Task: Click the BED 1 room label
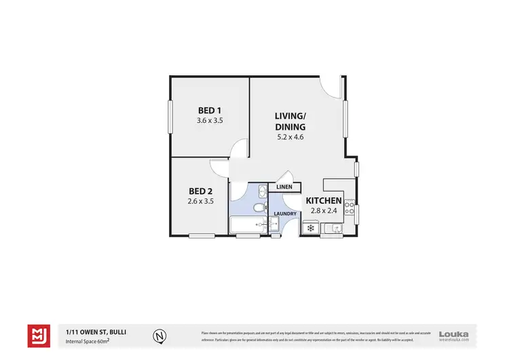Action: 210,110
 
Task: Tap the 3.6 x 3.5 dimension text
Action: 210,120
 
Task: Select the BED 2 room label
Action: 200,191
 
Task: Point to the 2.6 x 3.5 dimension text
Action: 200,201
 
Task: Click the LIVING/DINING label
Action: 290,121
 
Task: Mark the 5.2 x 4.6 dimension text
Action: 290,137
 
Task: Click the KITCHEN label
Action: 324,201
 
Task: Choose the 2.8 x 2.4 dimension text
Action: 324,211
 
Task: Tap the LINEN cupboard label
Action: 284,187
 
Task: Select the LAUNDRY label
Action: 284,214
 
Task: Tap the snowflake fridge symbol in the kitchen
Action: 311,228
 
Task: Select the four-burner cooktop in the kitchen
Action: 350,209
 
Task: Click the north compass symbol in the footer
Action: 159,335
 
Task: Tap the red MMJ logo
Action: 39,335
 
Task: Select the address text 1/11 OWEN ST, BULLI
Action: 96,331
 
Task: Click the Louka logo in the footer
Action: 454,333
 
